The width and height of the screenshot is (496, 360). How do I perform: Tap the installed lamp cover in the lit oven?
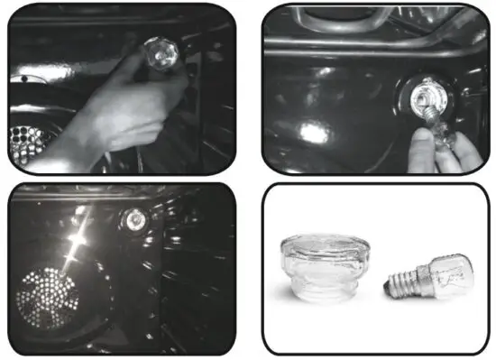tap(136, 218)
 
